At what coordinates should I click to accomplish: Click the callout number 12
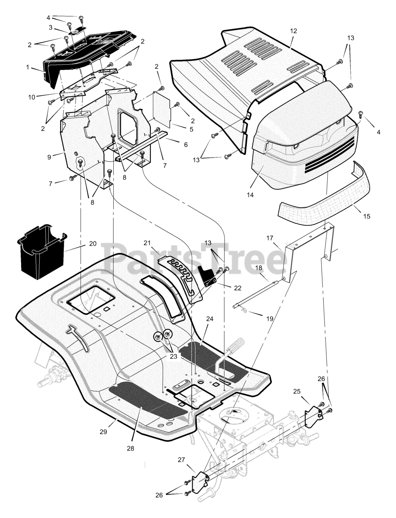point(293,31)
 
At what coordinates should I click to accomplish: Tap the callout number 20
point(93,244)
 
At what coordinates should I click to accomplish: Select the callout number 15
point(366,217)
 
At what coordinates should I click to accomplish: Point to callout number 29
point(103,432)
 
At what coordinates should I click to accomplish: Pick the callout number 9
point(49,157)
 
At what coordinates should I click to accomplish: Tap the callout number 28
point(130,448)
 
